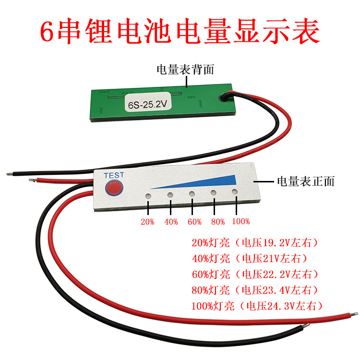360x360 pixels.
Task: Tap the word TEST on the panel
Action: point(114,175)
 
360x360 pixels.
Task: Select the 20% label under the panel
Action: point(147,222)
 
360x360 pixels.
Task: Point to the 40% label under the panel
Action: point(170,222)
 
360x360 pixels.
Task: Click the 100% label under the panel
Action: point(240,222)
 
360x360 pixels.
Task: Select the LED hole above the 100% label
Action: point(235,192)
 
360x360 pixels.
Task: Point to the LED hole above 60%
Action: point(192,194)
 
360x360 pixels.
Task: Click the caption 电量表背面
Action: point(185,70)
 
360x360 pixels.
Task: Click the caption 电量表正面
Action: point(306,181)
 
